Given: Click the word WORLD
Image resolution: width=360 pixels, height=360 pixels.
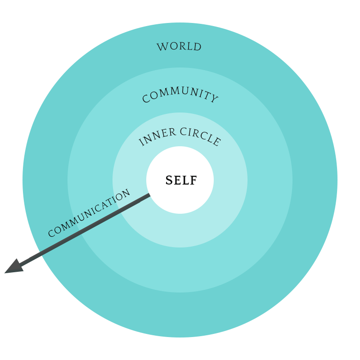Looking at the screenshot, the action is (x=179, y=47).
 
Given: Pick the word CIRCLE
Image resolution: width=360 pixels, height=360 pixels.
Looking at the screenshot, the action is (x=201, y=136).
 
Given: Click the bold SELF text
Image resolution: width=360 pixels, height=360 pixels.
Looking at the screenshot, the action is (x=181, y=180).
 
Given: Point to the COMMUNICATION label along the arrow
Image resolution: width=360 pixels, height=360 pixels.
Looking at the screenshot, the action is (x=89, y=213).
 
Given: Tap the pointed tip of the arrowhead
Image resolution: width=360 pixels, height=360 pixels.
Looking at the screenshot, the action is (x=5, y=273).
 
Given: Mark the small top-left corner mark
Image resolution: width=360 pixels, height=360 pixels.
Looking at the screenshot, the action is (x=68, y=68).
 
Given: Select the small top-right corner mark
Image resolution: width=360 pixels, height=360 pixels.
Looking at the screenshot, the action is (x=292, y=68).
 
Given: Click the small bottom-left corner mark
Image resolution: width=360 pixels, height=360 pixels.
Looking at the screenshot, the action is (x=68, y=292).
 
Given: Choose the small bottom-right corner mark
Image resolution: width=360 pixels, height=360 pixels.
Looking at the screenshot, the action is (x=292, y=292).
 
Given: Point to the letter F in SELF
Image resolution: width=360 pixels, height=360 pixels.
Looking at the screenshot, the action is (x=193, y=180).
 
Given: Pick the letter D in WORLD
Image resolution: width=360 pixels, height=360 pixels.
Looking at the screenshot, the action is (x=197, y=47).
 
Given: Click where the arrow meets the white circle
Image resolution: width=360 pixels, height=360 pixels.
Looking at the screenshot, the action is (x=149, y=195).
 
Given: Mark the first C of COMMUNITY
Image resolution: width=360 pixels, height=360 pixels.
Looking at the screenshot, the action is (x=146, y=99).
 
